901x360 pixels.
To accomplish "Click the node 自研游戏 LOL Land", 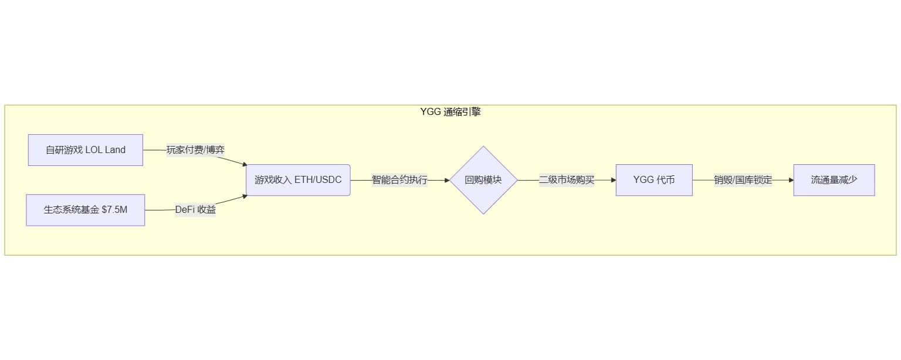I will tap(86, 150).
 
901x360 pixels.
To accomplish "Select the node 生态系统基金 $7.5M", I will tap(86, 210).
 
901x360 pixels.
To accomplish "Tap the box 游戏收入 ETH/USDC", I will tap(298, 180).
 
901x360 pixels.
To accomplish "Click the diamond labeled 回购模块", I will tap(483, 180).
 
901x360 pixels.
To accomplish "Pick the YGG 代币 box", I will tap(654, 180).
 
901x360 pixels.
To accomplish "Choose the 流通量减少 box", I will tap(834, 180).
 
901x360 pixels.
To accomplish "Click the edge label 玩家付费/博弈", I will tap(195, 150).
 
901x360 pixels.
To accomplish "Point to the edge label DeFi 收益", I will tap(195, 210).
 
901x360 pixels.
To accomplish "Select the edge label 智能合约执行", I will tap(399, 180).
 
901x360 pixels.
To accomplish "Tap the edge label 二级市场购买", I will tap(567, 180).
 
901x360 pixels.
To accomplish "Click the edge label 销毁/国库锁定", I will tap(743, 180).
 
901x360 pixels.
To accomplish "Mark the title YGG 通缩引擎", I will tap(450, 112).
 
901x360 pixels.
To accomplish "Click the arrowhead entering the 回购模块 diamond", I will tap(446, 180).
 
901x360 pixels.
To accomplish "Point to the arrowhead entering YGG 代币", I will tap(613, 180).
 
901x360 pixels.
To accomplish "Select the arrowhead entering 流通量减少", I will tap(791, 180).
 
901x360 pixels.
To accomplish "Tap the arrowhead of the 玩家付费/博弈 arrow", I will tap(244, 165).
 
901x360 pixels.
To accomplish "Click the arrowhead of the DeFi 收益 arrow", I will tap(244, 196).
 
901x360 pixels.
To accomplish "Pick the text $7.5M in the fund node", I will tap(114, 210).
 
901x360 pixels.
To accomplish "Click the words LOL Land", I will tap(106, 150).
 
